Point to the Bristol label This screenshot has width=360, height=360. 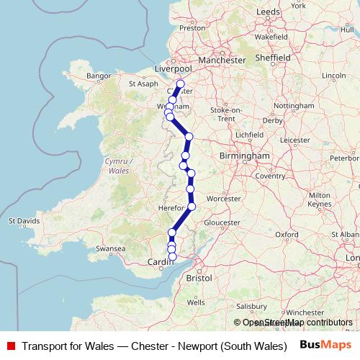coord(199,276)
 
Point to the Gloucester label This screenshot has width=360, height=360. coord(222,222)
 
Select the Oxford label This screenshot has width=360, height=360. coord(286,234)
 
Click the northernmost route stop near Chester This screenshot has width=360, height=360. coord(180,84)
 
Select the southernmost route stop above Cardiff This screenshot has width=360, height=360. coord(172,256)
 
